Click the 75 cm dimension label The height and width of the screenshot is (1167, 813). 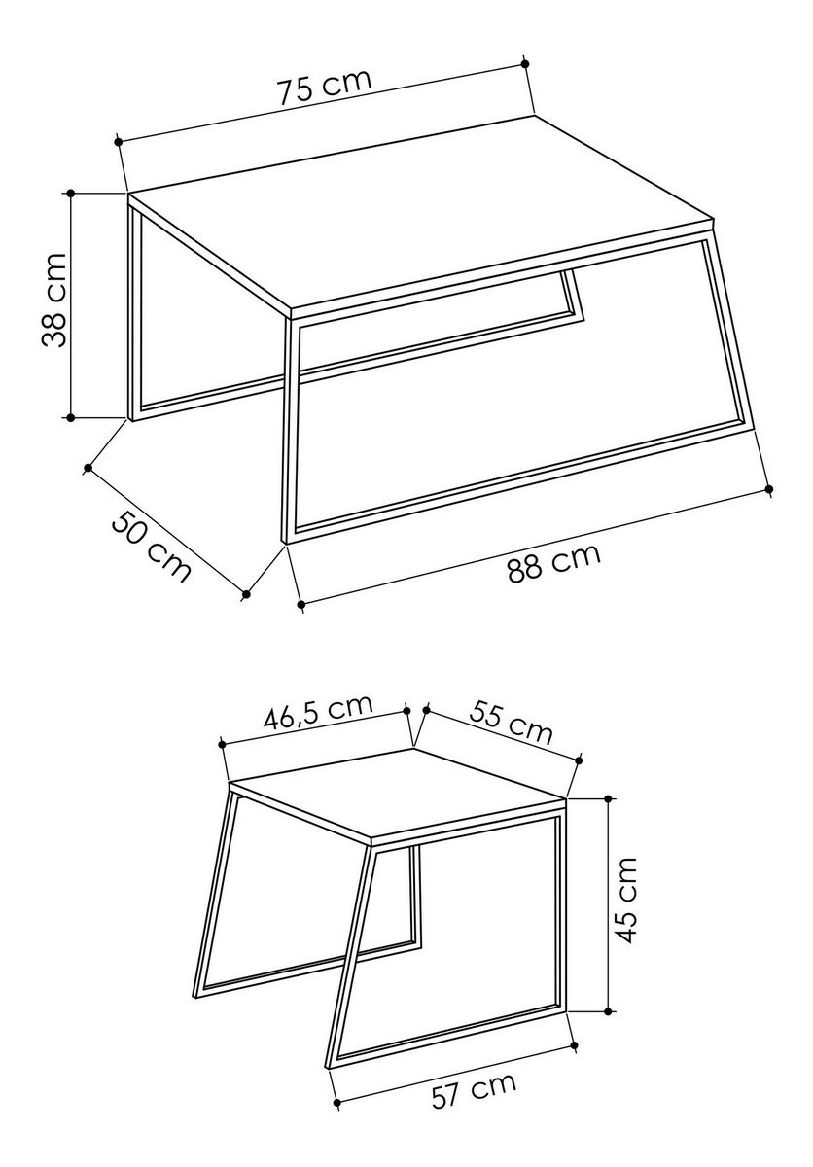click(324, 86)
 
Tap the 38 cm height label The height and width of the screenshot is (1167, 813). click(53, 301)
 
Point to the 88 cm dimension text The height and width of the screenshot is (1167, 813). click(553, 563)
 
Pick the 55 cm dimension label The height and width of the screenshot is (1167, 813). click(510, 723)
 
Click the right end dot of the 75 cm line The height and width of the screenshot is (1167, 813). click(525, 63)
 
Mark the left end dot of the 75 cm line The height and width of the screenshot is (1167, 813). click(119, 141)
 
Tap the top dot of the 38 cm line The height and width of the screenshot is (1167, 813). click(71, 193)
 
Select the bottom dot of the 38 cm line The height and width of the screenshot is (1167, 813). click(71, 417)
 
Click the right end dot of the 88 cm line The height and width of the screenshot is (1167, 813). click(769, 488)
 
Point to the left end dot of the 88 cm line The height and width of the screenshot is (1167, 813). click(300, 604)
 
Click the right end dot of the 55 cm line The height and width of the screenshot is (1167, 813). click(578, 761)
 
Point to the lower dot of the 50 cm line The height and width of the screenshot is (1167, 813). click(246, 594)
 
